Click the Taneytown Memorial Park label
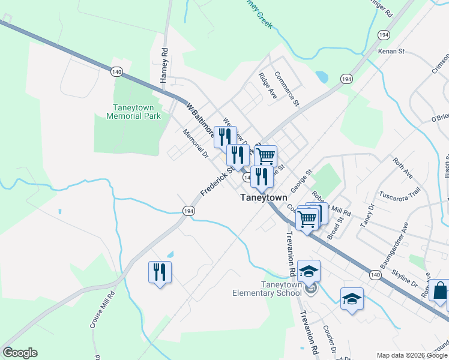[133, 112]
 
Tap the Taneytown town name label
[264, 197]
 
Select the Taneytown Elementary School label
[267, 289]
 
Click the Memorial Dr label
[195, 145]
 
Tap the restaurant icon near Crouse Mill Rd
[160, 272]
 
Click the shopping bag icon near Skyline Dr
[439, 290]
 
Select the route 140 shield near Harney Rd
[117, 72]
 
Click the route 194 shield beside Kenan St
[384, 35]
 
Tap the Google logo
[20, 353]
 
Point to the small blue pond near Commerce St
[322, 77]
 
